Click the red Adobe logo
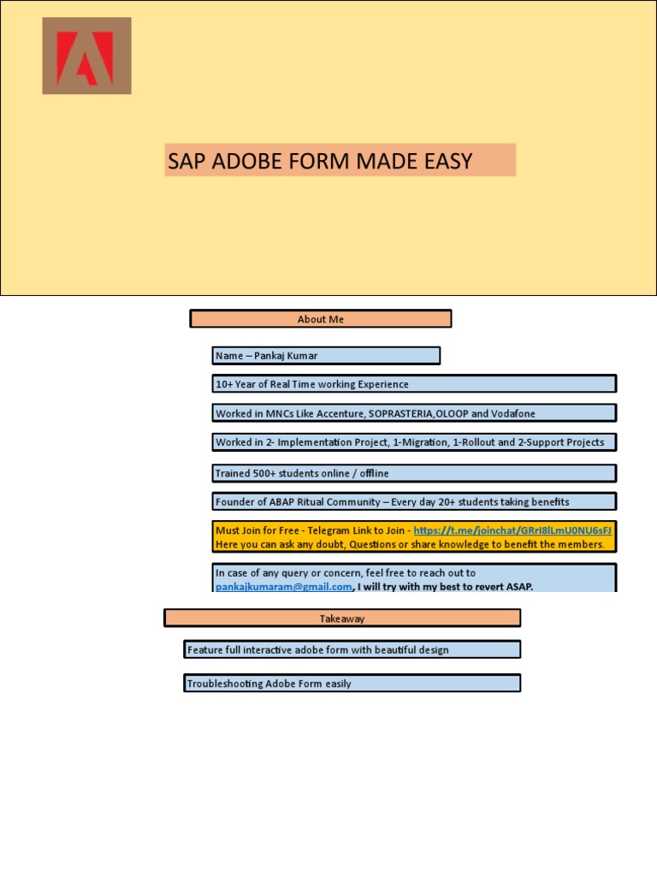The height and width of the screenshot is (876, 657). [x=86, y=56]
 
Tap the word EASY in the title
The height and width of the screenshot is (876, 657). [x=446, y=161]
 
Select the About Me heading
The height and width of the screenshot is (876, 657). [x=320, y=319]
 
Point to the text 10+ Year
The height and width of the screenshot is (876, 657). [x=235, y=385]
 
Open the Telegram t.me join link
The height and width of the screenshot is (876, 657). [x=512, y=530]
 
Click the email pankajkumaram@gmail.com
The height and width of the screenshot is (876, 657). [x=283, y=587]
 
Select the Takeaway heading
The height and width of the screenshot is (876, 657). [x=341, y=619]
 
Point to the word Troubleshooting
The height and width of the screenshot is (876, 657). [x=224, y=684]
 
